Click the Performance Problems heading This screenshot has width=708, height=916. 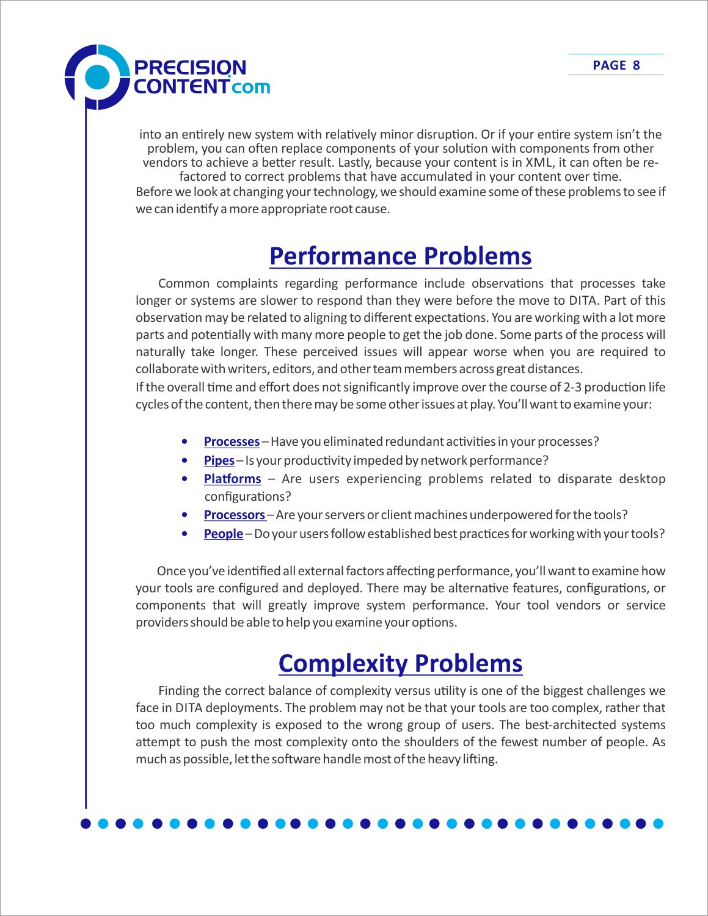click(400, 256)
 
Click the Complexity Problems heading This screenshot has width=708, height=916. click(400, 664)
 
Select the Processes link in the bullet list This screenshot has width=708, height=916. click(232, 442)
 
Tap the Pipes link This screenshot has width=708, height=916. click(219, 460)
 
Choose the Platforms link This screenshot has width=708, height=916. click(232, 479)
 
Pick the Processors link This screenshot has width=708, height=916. click(235, 515)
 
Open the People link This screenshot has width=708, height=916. click(223, 534)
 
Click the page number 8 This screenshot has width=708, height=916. click(636, 65)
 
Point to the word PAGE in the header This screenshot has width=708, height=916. click(609, 65)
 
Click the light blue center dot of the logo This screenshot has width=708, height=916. click(97, 77)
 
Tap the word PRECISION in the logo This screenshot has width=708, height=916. click(189, 67)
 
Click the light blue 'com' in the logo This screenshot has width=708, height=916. click(251, 87)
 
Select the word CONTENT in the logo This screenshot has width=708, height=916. click(181, 86)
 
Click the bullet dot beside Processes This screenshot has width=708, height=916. click(184, 441)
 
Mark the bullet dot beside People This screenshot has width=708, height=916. click(184, 533)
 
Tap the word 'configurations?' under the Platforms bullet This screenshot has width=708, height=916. click(247, 496)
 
